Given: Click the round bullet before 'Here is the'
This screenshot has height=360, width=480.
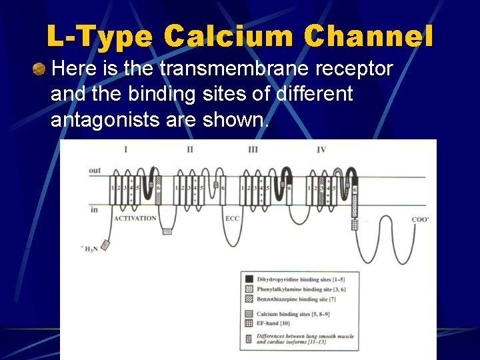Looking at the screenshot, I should point(41,69).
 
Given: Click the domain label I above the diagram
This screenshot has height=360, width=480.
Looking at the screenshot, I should point(125,149).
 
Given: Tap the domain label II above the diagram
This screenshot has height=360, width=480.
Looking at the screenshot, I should point(189,149).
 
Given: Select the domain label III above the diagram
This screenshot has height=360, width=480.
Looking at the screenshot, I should point(253,149).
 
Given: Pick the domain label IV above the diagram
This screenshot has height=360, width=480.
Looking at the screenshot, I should point(321,149).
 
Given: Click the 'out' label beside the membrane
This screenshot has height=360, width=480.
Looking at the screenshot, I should point(95,170).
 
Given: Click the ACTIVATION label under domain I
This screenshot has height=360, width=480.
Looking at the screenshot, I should point(135,218).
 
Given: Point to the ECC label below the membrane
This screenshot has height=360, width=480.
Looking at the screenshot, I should point(232,218).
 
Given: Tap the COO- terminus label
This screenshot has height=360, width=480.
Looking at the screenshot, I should point(420,219).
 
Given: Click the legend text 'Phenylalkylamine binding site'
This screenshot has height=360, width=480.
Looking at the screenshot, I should point(299,289).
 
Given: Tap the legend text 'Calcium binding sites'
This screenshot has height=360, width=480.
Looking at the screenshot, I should point(293,314).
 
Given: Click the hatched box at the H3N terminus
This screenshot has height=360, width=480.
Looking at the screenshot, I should point(105,245).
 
